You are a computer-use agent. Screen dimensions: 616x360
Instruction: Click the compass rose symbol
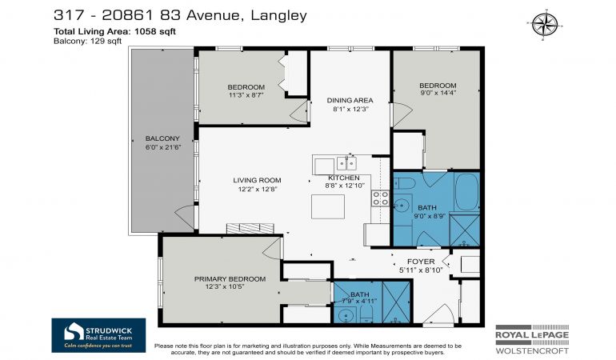click(545, 24)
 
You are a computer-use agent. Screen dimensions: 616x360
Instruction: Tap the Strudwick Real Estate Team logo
click(98, 335)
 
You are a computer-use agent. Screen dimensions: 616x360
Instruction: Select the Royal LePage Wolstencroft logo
click(532, 339)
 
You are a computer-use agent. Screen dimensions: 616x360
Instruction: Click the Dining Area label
click(350, 100)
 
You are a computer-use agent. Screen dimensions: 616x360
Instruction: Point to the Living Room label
click(257, 180)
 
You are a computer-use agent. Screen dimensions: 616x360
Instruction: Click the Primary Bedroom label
click(230, 279)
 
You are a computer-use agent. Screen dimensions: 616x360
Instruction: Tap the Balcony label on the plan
click(162, 138)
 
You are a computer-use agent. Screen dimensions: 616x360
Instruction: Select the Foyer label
click(421, 262)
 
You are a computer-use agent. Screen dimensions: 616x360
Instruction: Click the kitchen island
click(328, 206)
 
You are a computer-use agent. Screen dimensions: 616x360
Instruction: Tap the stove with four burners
click(380, 198)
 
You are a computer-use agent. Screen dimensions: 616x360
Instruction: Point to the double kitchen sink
click(346, 163)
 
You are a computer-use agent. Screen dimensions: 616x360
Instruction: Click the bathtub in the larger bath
click(466, 192)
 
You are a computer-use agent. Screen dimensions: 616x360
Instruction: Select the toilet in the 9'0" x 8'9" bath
click(404, 183)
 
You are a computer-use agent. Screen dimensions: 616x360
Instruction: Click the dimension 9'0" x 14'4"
click(438, 93)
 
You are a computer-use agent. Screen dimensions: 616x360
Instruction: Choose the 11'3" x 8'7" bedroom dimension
click(246, 94)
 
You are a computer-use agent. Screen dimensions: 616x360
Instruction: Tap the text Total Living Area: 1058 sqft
click(114, 31)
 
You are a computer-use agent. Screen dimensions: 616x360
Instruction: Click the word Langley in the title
click(278, 15)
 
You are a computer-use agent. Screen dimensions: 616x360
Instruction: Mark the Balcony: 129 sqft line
click(88, 41)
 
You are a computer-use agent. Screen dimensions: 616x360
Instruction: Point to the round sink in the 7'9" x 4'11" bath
click(346, 315)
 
